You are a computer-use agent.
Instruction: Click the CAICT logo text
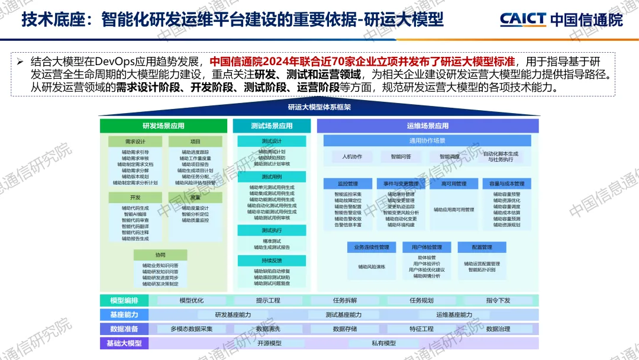pyautogui.click(x=523, y=20)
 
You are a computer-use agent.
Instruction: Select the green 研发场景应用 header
pyautogui.click(x=163, y=126)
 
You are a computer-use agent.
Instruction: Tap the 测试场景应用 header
pyautogui.click(x=272, y=126)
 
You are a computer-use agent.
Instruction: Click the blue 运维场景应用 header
pyautogui.click(x=428, y=126)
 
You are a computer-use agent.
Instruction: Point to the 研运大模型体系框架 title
pyautogui.click(x=319, y=107)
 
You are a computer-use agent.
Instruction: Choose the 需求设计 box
pyautogui.click(x=135, y=142)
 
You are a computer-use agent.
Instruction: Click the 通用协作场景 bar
pyautogui.click(x=427, y=141)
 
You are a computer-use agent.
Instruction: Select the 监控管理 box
pyautogui.click(x=348, y=184)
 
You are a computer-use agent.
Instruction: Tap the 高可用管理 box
pyautogui.click(x=454, y=184)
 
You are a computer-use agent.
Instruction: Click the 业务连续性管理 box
pyautogui.click(x=372, y=247)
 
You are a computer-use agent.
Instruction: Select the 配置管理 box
pyautogui.click(x=482, y=247)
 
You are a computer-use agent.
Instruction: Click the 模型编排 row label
pyautogui.click(x=124, y=300)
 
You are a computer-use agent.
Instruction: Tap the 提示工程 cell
pyautogui.click(x=268, y=300)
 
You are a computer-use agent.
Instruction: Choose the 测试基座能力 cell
pyautogui.click(x=343, y=314)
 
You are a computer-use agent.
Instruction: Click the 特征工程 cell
pyautogui.click(x=421, y=329)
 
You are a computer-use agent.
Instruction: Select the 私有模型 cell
pyautogui.click(x=384, y=343)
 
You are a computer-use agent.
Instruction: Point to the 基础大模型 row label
pyautogui.click(x=124, y=343)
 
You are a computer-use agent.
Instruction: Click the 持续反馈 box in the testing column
pyautogui.click(x=272, y=260)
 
